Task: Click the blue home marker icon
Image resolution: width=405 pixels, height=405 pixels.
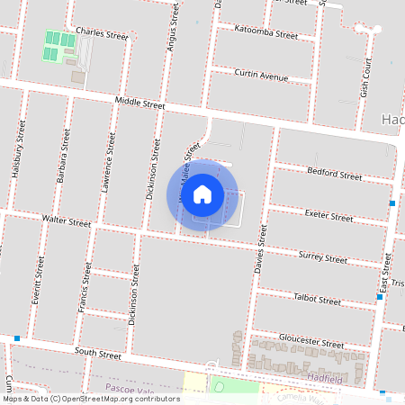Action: pyautogui.click(x=202, y=193)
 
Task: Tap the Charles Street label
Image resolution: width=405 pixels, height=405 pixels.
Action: pyautogui.click(x=103, y=32)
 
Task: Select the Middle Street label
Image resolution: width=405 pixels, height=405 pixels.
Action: pyautogui.click(x=139, y=103)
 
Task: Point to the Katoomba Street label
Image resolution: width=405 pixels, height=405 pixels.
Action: pyautogui.click(x=265, y=34)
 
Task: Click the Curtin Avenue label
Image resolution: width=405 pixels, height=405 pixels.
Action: pyautogui.click(x=260, y=74)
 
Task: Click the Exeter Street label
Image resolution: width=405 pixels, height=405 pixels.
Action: pyautogui.click(x=328, y=216)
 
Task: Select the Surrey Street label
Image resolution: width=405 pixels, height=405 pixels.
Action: pyautogui.click(x=322, y=257)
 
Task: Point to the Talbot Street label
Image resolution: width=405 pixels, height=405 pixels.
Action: pyautogui.click(x=317, y=300)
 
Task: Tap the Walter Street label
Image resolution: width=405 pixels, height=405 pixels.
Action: pyautogui.click(x=67, y=220)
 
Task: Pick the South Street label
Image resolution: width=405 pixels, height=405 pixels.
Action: pyautogui.click(x=97, y=353)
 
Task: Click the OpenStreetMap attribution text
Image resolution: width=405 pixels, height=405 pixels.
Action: pyautogui.click(x=91, y=399)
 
